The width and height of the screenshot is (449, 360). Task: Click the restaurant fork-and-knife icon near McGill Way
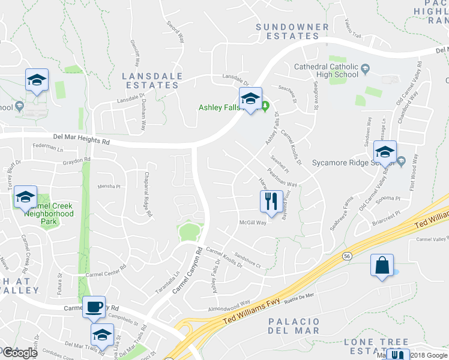[x=271, y=200]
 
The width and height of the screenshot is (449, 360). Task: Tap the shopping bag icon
[x=382, y=265]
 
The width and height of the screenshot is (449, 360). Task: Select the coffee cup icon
[x=94, y=307]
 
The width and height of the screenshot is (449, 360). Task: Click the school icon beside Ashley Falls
[x=250, y=99]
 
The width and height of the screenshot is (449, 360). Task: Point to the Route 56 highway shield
[x=347, y=256]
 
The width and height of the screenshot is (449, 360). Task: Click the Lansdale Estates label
[x=151, y=80]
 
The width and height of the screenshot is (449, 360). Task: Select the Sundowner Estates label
[x=292, y=31]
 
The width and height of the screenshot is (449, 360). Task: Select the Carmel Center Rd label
[x=106, y=271]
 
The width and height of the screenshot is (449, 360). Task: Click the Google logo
[x=20, y=353]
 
